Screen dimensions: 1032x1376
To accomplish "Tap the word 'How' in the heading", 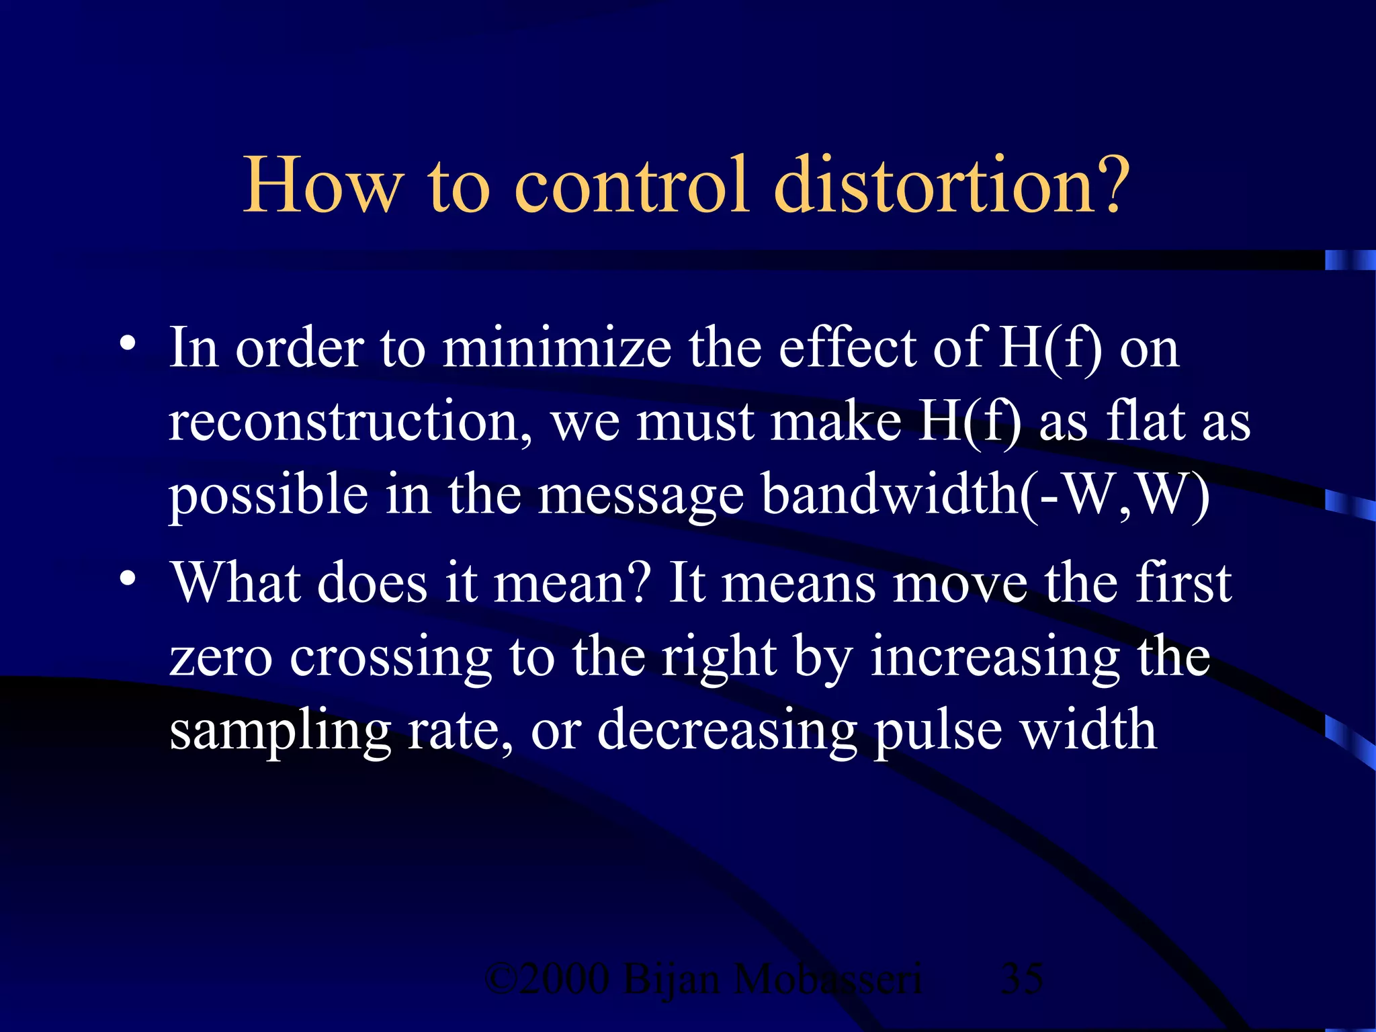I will [323, 185].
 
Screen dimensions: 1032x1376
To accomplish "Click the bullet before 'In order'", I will [128, 345].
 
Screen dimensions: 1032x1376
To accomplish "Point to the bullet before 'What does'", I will [128, 578].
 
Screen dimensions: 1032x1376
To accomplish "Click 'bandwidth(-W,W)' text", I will [986, 495].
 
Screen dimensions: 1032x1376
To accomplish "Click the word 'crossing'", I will [391, 658].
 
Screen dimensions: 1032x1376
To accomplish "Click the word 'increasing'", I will [995, 658].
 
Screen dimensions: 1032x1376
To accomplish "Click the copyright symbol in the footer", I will [501, 979].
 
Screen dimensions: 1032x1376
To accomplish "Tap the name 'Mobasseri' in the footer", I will [827, 979].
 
